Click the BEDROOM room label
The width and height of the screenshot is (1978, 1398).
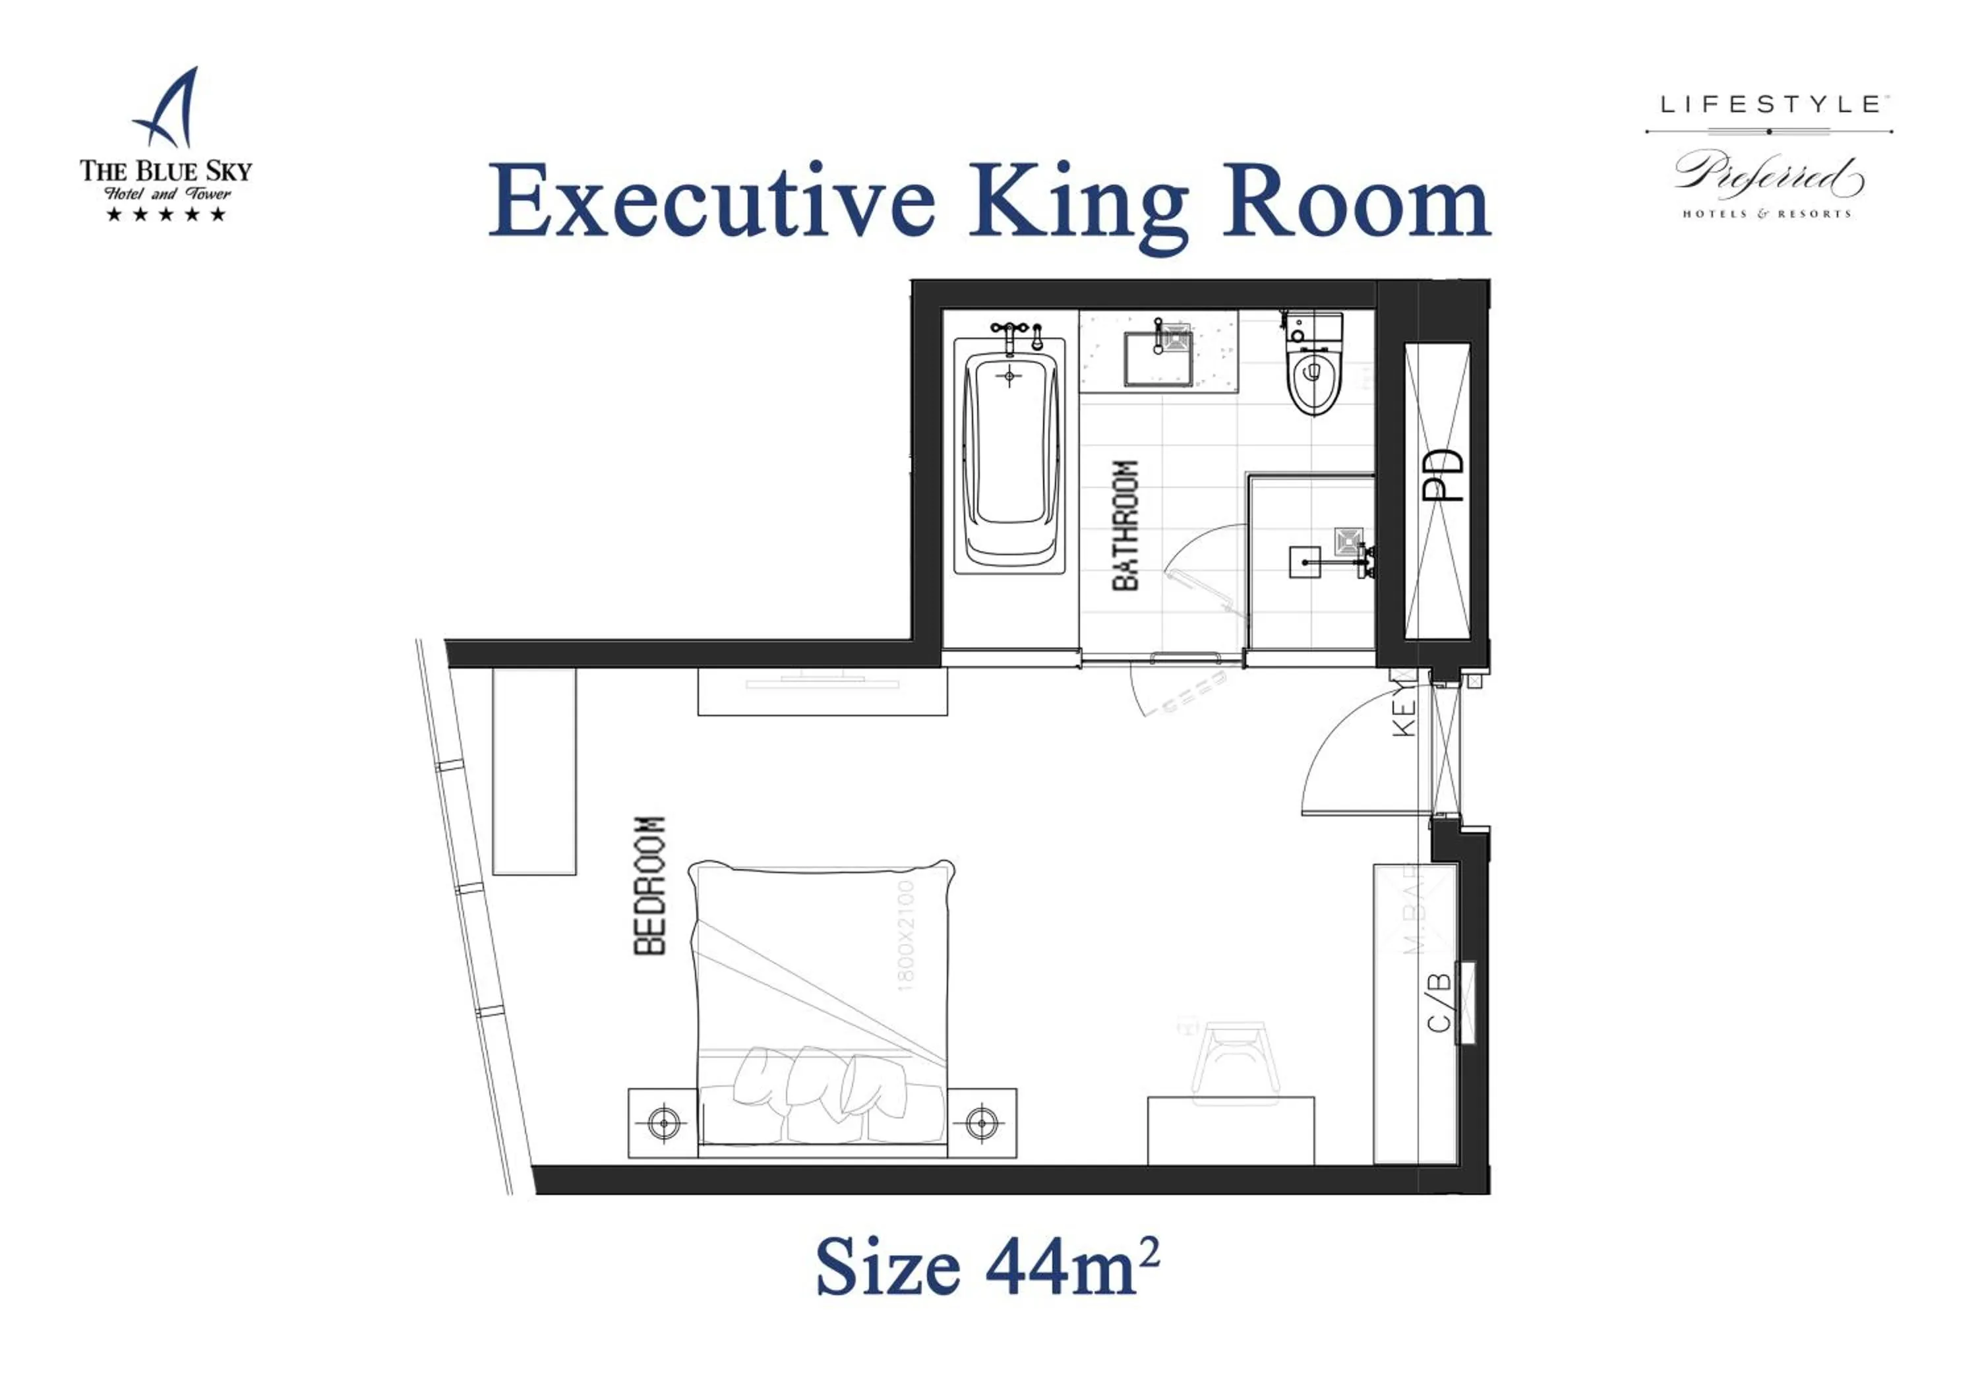[649, 886]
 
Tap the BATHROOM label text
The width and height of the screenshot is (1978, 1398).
[1125, 526]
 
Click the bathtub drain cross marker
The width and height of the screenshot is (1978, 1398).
[1009, 377]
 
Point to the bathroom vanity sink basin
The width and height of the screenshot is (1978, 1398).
[1158, 358]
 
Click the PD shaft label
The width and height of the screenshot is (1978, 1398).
[1441, 475]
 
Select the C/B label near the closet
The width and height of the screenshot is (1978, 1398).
[1439, 1002]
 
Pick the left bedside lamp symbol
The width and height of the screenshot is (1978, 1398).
[663, 1123]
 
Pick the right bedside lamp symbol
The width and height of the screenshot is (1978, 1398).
[981, 1122]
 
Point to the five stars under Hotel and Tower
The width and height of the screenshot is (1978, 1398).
[165, 214]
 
